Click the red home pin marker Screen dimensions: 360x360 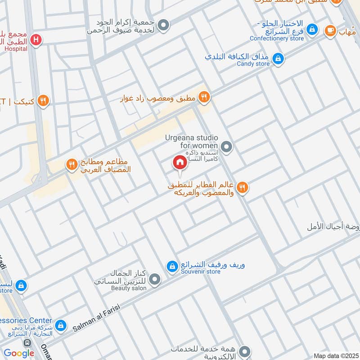coord(180,163)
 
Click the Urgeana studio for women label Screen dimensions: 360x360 coord(192,141)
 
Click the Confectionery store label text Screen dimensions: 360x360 coord(277,38)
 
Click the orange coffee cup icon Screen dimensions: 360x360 coord(330,30)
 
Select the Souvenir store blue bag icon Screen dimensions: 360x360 coord(172,267)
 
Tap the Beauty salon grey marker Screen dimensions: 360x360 coord(155,280)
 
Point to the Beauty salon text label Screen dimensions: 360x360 coord(129,288)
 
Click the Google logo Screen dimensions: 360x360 coord(19,353)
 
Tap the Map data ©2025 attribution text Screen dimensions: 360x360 coord(335,355)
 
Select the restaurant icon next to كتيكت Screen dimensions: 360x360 coord(43,101)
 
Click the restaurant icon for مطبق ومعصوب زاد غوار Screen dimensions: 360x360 coord(204,97)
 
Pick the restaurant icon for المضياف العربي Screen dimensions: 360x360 coord(72,165)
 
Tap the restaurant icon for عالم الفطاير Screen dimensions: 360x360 coord(243,188)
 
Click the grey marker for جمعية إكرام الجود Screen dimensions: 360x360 coord(164,25)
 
